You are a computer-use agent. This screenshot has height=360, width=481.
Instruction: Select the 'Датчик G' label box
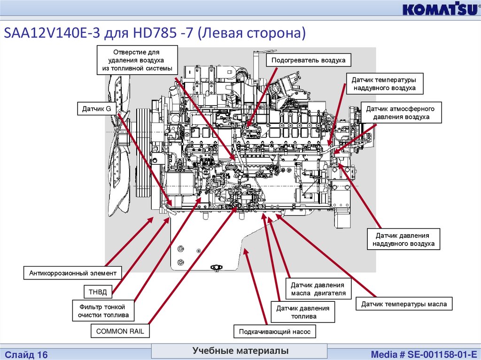coord(97,109)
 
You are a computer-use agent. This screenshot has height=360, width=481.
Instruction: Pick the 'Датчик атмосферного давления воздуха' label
coord(401,113)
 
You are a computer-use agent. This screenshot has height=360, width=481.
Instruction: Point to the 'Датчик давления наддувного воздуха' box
coord(403,239)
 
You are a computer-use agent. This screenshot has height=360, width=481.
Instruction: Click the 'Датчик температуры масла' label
coord(403,304)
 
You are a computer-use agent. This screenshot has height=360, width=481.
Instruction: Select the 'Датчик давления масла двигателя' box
coord(318,290)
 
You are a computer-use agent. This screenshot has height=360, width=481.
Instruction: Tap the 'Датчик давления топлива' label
coord(303,312)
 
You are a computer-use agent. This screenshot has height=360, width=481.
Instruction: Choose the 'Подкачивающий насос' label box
coord(274,331)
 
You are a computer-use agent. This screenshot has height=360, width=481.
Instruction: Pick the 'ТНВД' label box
coord(98,292)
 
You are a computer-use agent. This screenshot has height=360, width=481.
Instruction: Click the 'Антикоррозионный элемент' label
coord(72,273)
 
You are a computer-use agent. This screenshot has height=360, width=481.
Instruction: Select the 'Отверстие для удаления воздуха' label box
coord(138,61)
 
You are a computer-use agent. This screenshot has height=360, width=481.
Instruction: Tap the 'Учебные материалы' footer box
coord(240,351)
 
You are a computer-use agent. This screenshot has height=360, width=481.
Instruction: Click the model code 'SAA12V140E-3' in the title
coord(45,34)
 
